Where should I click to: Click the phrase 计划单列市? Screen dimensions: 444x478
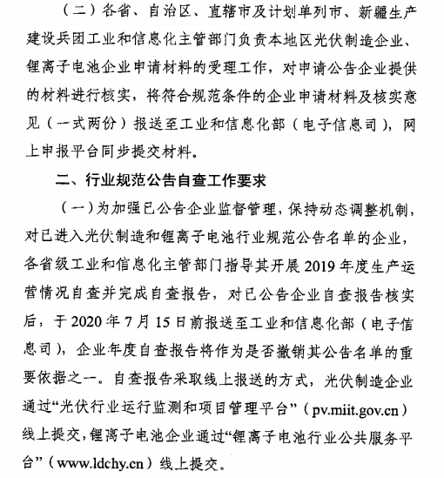tap(298, 14)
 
